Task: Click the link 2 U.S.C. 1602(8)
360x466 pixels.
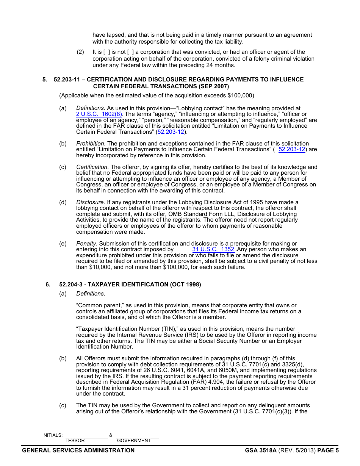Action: (x=99, y=114)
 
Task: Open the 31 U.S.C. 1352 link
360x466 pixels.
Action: (x=213, y=249)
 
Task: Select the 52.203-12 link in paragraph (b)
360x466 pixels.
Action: (x=292, y=149)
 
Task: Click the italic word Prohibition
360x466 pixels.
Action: (x=90, y=144)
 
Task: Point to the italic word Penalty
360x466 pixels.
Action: (x=86, y=244)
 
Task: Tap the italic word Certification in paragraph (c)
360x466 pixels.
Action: (x=92, y=167)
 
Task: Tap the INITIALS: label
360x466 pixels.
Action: (x=52, y=435)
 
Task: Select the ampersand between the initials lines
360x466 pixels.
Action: (x=111, y=435)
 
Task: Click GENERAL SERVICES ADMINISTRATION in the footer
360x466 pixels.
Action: (x=78, y=450)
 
